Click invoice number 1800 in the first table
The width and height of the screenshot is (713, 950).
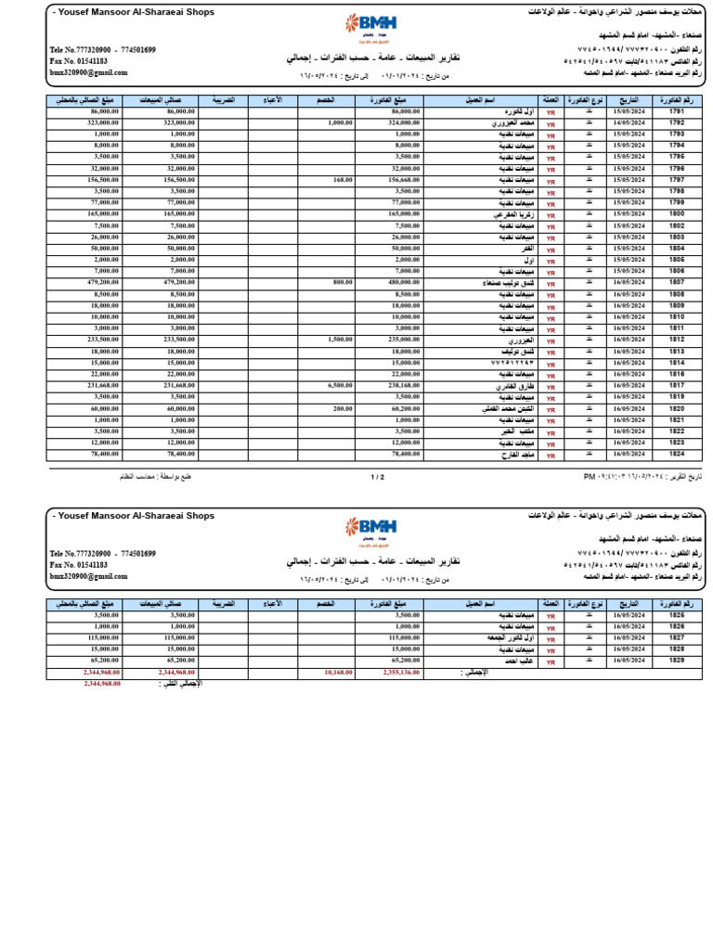[676, 214]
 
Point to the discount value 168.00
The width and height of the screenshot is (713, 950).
[343, 180]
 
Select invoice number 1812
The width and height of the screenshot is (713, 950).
[676, 340]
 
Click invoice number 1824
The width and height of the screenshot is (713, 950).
[676, 455]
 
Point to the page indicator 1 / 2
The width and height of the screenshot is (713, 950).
[377, 477]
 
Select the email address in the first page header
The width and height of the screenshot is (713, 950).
[88, 72]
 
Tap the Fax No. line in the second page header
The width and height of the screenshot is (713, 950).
[79, 564]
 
